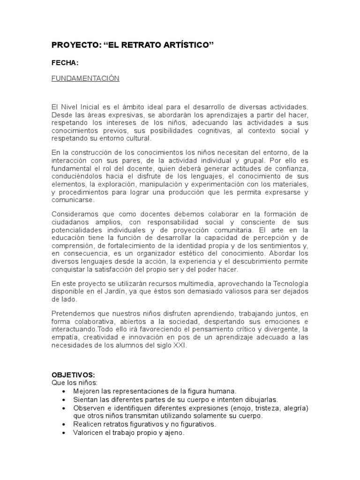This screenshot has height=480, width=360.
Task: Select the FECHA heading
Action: coord(65,63)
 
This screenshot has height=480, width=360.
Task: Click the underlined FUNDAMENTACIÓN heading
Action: coord(85,78)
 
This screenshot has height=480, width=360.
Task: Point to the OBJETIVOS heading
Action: coord(73,375)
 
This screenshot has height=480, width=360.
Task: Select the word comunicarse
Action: coord(73,200)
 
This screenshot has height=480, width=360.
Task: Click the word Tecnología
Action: coord(288,284)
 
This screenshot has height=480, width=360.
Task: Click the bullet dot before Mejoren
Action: coord(65,390)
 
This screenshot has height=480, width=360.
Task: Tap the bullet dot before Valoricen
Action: coord(65,433)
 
